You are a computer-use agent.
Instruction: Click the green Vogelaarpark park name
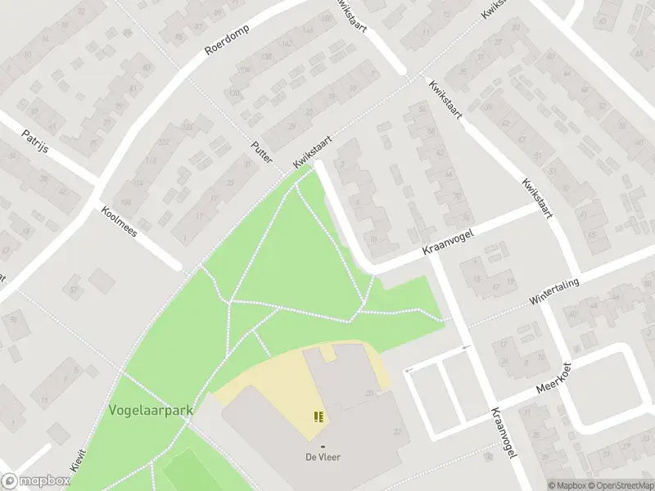click(x=148, y=410)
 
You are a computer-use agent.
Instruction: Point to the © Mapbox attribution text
click(x=567, y=485)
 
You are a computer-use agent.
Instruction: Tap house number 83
click(x=147, y=66)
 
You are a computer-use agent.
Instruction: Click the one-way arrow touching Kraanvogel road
click(x=465, y=349)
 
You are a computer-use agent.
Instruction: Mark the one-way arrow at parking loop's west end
click(x=410, y=369)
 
